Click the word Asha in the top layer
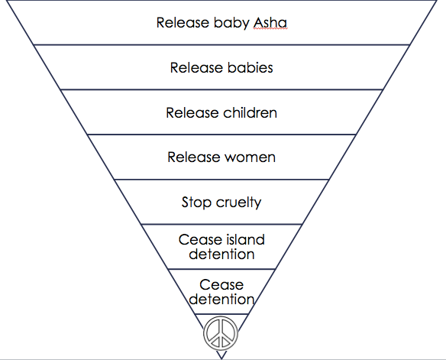tap(270, 22)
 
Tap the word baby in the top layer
tap(231, 22)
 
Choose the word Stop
tap(196, 203)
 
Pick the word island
tap(243, 240)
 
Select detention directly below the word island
tap(221, 254)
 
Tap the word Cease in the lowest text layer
tap(221, 286)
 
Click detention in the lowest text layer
tap(221, 300)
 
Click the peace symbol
tap(221, 333)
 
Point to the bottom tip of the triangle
tap(221, 358)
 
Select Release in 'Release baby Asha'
tap(182, 22)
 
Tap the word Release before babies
tap(196, 68)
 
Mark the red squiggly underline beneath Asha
tap(270, 30)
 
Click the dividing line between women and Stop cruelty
tap(221, 180)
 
